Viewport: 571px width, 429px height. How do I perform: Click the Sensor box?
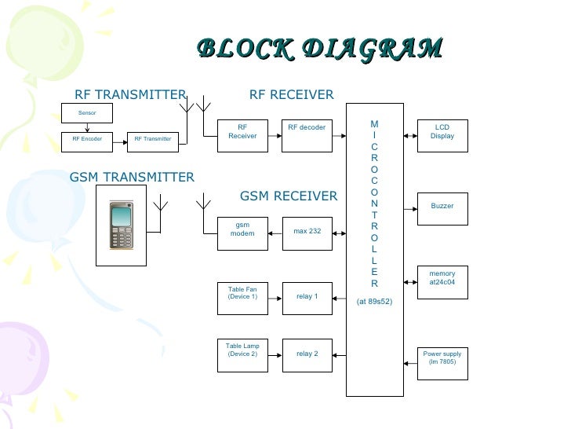pos(87,113)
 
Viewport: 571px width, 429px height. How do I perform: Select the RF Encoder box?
pos(87,139)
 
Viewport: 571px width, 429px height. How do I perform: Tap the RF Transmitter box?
pos(152,139)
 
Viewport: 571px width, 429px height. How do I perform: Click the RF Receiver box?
pos(242,131)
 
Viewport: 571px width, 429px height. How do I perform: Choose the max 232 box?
pos(307,232)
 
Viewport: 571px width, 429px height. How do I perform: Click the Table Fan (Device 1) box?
pos(242,296)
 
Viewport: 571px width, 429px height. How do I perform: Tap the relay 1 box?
pos(307,296)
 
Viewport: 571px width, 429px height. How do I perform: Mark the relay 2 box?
pos(307,354)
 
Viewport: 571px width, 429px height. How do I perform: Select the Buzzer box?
pos(442,207)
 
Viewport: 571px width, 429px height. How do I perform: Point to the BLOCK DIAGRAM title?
pos(319,48)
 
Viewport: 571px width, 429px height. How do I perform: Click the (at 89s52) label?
pos(374,301)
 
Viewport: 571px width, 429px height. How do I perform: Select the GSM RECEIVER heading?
pos(288,196)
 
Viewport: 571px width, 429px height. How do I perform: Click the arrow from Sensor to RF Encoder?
pos(87,127)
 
